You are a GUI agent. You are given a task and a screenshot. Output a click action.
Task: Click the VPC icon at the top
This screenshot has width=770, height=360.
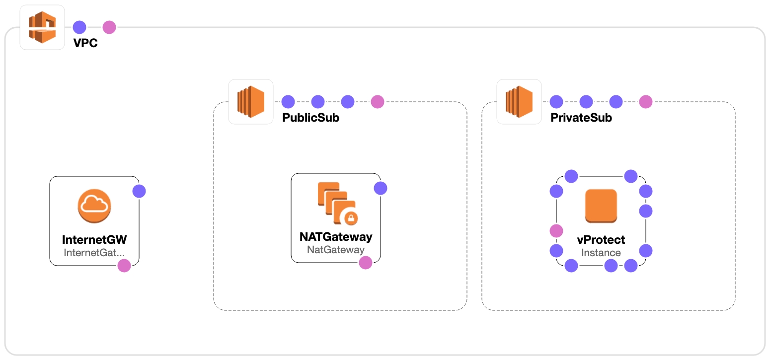(42, 27)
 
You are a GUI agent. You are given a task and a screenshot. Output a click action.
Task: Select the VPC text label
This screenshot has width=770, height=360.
(85, 43)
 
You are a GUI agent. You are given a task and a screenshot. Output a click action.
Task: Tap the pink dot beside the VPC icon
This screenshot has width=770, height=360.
(109, 27)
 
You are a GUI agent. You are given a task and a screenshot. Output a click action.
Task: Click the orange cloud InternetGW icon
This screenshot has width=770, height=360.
(94, 206)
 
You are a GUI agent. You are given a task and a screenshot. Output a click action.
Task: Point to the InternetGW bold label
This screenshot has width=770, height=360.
(94, 240)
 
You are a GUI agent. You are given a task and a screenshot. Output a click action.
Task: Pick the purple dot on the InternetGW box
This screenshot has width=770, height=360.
(139, 191)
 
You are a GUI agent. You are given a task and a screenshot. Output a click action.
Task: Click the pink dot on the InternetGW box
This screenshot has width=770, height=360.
(124, 266)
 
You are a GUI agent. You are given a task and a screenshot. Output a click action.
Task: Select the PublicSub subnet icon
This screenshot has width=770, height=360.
(251, 102)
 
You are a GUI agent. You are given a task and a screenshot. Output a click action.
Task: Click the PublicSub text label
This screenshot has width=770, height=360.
(310, 118)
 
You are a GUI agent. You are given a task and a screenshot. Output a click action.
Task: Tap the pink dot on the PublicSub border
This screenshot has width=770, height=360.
(378, 102)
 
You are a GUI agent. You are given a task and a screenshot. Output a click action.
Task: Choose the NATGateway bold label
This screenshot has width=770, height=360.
(336, 237)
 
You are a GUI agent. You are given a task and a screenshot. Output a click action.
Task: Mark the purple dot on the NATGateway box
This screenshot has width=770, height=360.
(381, 188)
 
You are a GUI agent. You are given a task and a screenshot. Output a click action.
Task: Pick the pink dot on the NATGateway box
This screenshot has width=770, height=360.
(366, 263)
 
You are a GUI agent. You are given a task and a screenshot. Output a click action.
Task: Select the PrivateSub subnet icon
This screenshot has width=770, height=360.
(519, 102)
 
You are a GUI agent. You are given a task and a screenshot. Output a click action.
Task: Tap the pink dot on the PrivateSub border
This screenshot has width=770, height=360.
(646, 102)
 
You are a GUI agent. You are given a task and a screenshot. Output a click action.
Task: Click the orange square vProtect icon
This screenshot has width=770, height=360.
(601, 206)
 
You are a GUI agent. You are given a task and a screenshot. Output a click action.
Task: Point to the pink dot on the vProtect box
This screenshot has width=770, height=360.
(556, 231)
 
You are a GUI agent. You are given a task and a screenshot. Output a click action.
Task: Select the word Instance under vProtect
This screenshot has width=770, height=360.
(601, 253)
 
